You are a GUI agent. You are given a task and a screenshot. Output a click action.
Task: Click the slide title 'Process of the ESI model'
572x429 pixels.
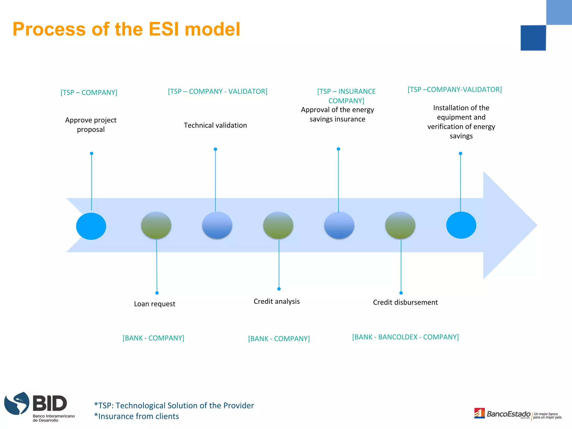pos(126,29)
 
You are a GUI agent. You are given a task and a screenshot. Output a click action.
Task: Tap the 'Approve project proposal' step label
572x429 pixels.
pos(91,125)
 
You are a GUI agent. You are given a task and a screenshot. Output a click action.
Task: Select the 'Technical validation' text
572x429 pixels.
pos(215,125)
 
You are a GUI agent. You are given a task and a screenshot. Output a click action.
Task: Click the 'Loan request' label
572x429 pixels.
pos(154,304)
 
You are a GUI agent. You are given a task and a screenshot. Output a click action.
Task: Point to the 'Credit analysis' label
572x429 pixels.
pos(277,301)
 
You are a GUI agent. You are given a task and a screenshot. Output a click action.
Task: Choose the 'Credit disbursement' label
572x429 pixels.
pos(405,302)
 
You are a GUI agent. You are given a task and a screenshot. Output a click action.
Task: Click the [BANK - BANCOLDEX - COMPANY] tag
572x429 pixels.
pos(405,337)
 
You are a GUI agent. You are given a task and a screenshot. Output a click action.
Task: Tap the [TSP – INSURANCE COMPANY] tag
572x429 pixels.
pos(346,96)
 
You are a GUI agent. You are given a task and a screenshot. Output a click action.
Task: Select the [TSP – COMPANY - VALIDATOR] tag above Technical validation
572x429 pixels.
pos(218,91)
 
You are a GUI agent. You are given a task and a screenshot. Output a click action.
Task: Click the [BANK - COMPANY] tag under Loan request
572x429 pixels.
pos(153,338)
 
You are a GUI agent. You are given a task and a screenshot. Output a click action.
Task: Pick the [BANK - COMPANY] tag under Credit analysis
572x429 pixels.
pos(279,339)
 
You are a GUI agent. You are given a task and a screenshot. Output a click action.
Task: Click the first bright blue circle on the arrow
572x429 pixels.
pos(91,226)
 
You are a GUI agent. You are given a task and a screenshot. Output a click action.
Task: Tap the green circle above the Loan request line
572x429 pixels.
pos(156,225)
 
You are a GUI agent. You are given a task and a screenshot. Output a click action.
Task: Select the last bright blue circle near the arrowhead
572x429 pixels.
pos(461,225)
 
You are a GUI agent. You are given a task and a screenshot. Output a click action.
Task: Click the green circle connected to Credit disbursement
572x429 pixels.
pos(400,225)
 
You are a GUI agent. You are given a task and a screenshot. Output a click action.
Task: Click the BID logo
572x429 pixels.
pos(39,407)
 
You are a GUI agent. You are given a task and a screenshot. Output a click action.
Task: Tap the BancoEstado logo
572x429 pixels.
pos(508,414)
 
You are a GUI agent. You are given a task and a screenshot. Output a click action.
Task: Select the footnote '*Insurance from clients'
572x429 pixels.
pos(137,416)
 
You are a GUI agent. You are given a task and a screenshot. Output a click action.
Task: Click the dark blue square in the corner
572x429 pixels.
pos(533,38)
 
